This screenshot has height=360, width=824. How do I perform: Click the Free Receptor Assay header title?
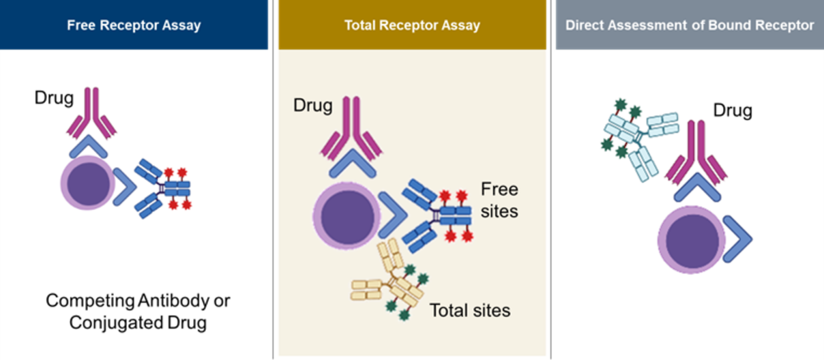[134, 25]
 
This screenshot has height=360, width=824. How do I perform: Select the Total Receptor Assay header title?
[412, 25]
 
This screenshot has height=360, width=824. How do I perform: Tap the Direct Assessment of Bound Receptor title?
[689, 25]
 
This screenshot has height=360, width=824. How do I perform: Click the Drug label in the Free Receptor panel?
[54, 98]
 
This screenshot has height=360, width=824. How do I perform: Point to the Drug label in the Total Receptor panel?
[313, 105]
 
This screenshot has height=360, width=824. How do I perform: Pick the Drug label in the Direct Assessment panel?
[732, 111]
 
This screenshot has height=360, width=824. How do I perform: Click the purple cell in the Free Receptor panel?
[87, 184]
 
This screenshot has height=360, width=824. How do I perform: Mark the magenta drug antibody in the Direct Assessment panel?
[696, 150]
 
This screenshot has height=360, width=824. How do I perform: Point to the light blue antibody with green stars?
[638, 139]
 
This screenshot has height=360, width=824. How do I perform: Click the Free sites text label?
[499, 200]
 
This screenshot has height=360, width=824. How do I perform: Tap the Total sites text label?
[470, 310]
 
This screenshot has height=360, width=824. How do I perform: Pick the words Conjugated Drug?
[138, 323]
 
